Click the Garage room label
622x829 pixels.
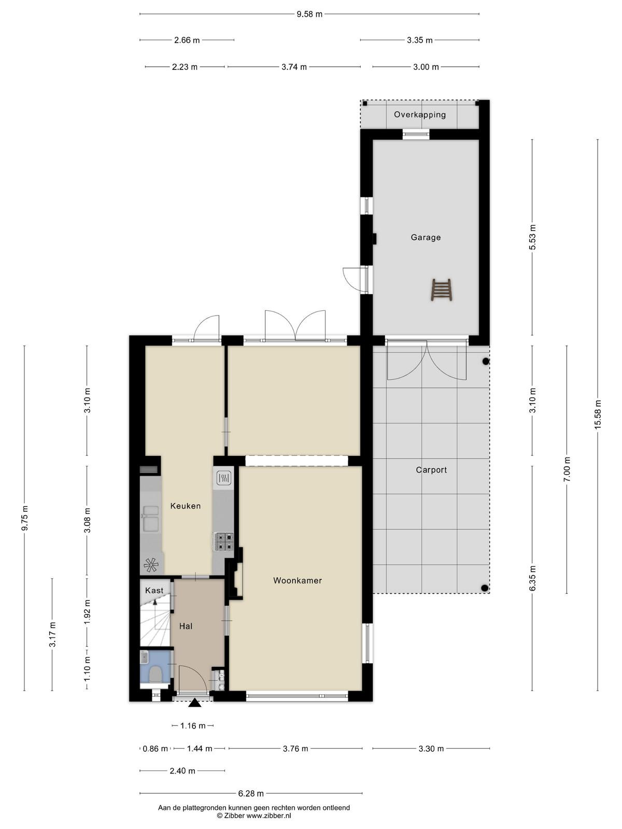click(425, 237)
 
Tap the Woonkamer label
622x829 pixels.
click(298, 580)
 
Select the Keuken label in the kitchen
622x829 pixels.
click(186, 506)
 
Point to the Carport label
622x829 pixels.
click(431, 470)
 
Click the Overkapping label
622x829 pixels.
click(419, 115)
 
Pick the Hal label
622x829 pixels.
click(186, 626)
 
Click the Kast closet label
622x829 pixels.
click(154, 590)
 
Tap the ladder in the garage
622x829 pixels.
click(442, 290)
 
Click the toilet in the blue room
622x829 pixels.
click(155, 675)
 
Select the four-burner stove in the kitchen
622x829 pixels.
click(223, 541)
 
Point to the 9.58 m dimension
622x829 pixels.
click(309, 15)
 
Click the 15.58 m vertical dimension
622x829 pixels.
click(598, 414)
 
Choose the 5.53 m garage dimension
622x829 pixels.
click(532, 237)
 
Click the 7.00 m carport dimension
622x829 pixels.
click(567, 469)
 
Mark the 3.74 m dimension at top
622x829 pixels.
click(294, 67)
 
